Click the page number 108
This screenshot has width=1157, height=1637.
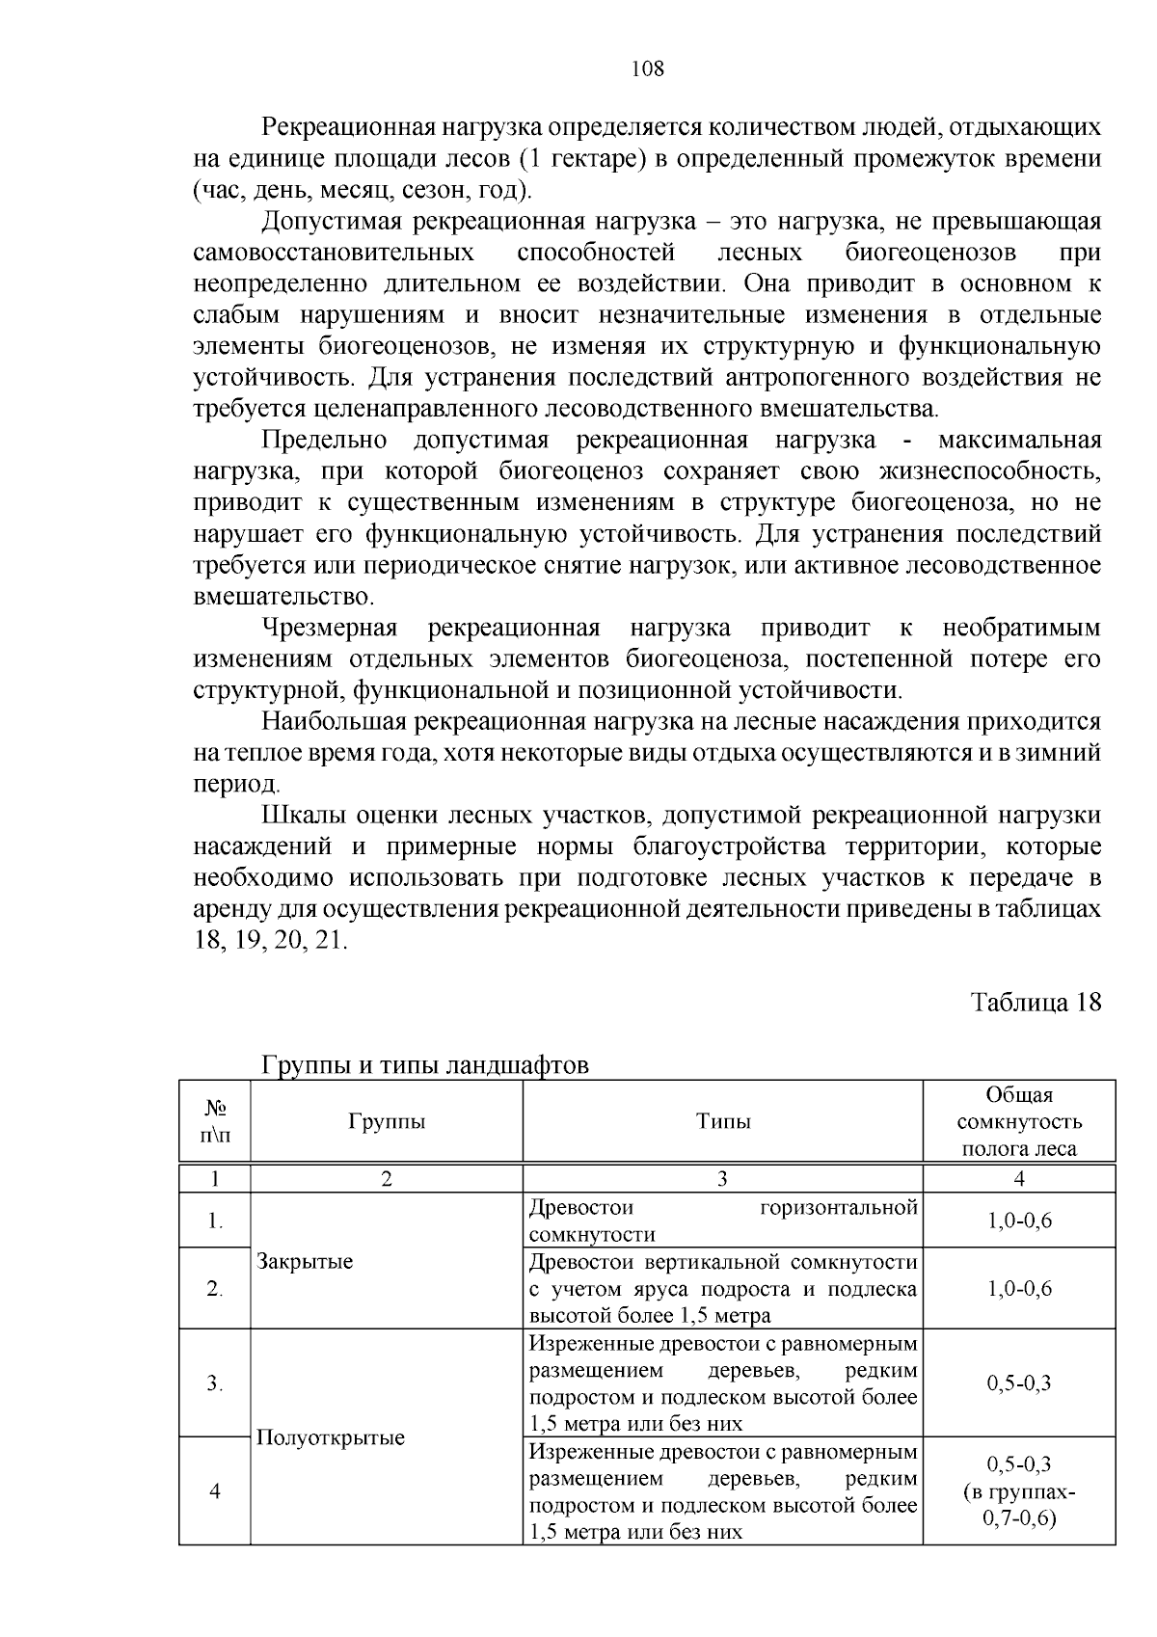[647, 68]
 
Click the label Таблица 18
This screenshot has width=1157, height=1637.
[1035, 1002]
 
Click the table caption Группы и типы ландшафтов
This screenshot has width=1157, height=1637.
[424, 1065]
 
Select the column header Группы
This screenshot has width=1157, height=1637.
[387, 1121]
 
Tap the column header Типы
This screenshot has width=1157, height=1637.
[723, 1121]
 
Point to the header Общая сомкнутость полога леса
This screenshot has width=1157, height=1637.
[1019, 1121]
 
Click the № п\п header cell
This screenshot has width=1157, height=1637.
[215, 1121]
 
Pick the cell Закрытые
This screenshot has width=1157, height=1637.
[305, 1261]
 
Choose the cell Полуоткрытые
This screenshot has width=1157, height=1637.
[331, 1437]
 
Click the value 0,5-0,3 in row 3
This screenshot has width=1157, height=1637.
[1019, 1383]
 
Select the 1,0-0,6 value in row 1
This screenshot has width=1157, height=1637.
[1019, 1221]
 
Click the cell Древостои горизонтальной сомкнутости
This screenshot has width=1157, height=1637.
[723, 1221]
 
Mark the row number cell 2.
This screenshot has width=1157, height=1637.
[215, 1289]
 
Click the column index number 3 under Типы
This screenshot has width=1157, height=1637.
[723, 1178]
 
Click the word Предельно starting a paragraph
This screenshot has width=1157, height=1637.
[324, 441]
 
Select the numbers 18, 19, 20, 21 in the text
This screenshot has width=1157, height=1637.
[270, 941]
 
